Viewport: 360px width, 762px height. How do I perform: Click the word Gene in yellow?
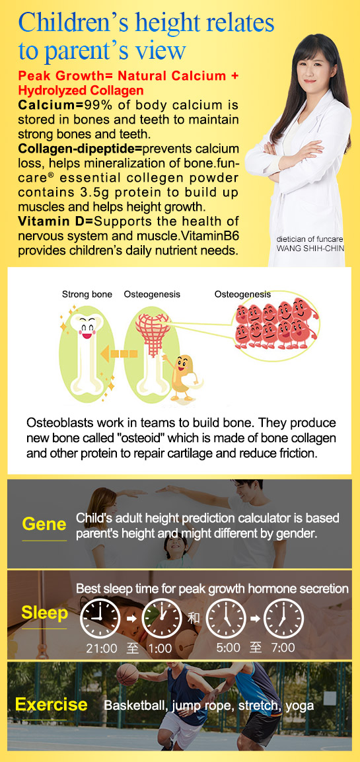(44, 524)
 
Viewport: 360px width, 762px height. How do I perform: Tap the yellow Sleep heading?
(44, 613)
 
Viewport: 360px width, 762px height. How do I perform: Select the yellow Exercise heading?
(52, 704)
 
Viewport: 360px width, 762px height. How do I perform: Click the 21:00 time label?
(102, 648)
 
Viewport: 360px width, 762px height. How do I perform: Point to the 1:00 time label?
(161, 648)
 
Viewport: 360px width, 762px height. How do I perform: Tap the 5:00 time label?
(229, 647)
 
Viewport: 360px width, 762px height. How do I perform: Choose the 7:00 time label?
(283, 647)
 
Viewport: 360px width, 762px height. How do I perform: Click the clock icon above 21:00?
(100, 618)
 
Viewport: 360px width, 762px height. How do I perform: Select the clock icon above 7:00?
(283, 618)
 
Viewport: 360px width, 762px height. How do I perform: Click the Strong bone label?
(87, 294)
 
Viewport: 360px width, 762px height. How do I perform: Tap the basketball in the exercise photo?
(127, 675)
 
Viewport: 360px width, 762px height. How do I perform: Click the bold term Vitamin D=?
(56, 221)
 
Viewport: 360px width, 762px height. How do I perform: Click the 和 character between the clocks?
(194, 618)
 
